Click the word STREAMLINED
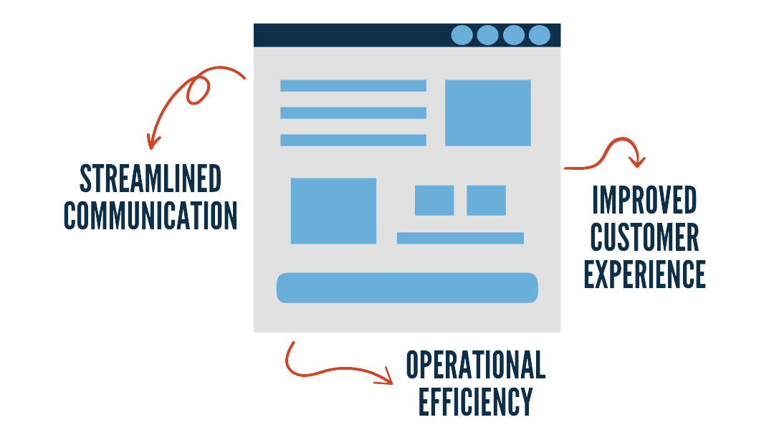pos(150,178)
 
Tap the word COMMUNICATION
pos(150,215)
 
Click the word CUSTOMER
pos(644,236)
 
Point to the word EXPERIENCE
pos(644,273)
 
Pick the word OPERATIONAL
pos(475,365)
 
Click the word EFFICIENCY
pos(475,401)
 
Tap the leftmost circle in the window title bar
pos(462,35)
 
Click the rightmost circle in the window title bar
pos(539,35)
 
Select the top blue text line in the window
pos(353,86)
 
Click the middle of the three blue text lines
pos(353,113)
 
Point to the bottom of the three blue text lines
pos(353,140)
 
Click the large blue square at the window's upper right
pos(487,113)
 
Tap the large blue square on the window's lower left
pos(333,211)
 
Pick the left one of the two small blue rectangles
pos(434,200)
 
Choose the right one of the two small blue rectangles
pos(486,200)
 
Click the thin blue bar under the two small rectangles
pos(460,238)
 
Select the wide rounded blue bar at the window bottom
pos(407,287)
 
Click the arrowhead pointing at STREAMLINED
pos(151,143)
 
